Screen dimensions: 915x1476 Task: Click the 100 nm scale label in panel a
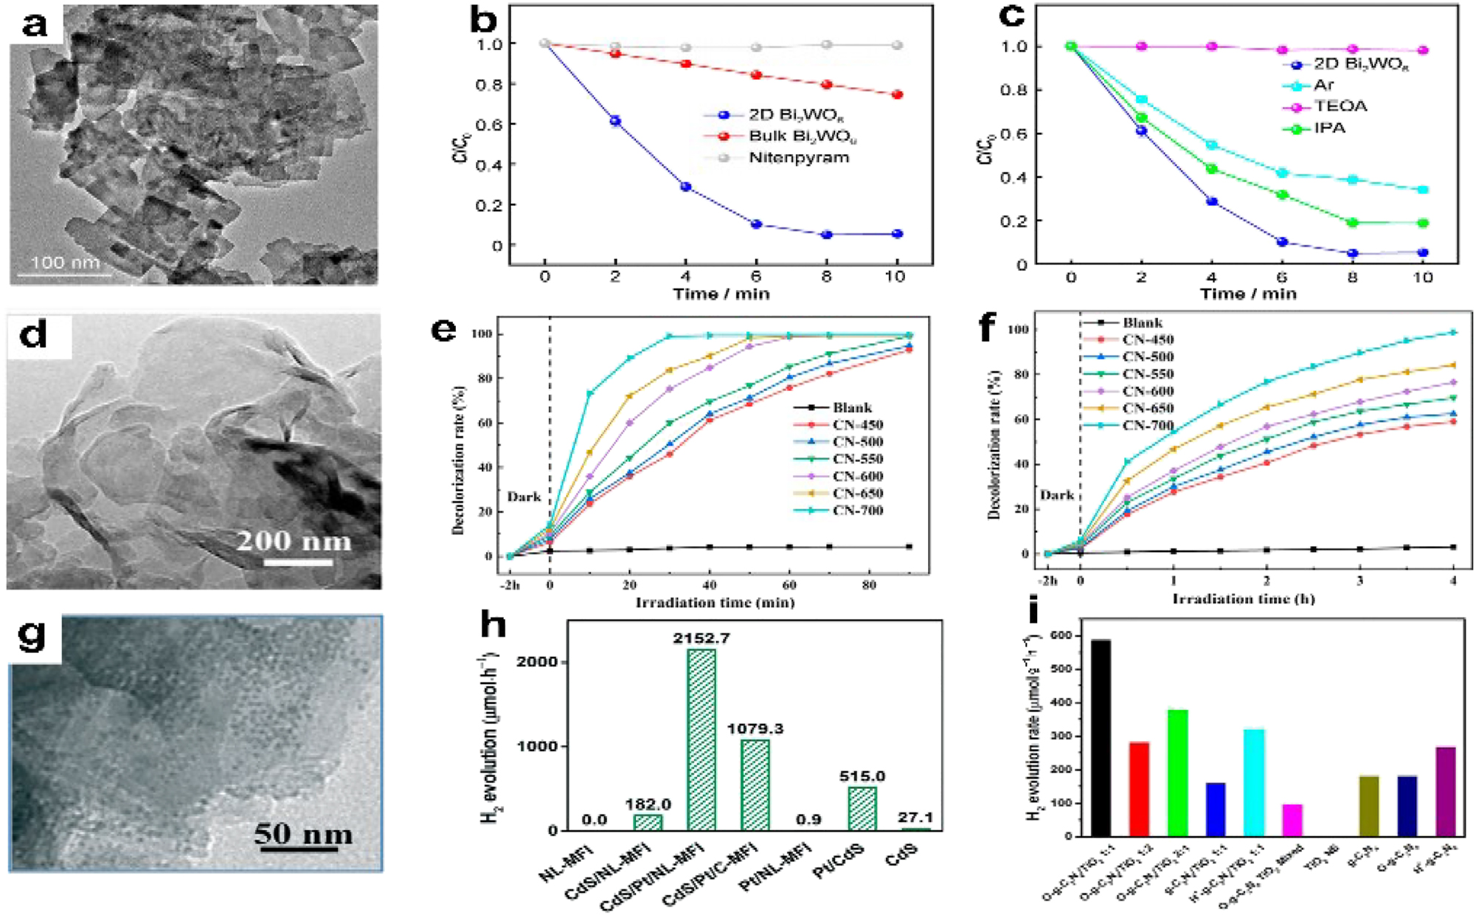point(65,262)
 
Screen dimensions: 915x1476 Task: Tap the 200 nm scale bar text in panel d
point(294,541)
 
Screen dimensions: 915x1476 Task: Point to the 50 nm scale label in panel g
point(303,834)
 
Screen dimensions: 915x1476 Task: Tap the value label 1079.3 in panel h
point(755,729)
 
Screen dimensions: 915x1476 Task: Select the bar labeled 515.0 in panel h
point(862,808)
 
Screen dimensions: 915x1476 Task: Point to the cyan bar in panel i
point(1254,782)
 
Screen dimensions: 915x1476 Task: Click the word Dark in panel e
point(524,497)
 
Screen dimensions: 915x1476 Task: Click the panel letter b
point(483,20)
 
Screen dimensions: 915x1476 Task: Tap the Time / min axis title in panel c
point(1247,294)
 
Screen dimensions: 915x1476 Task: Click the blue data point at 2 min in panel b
point(615,121)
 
